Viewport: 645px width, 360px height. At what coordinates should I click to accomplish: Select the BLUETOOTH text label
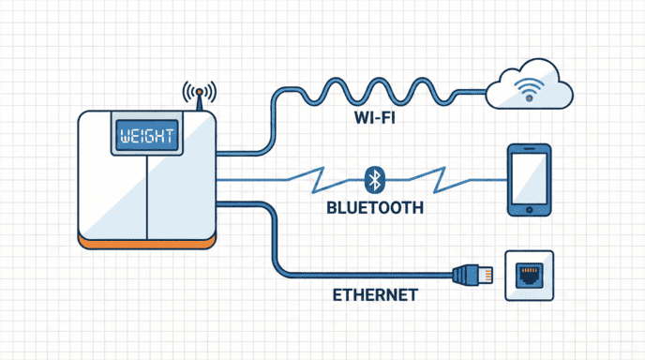[375, 207]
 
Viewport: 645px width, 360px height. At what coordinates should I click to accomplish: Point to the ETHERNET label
[375, 295]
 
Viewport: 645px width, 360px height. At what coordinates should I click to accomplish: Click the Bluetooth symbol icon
[374, 178]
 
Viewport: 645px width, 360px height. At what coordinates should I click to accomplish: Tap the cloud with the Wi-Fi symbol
[532, 87]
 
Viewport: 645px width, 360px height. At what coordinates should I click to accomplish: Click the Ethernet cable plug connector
[469, 275]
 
